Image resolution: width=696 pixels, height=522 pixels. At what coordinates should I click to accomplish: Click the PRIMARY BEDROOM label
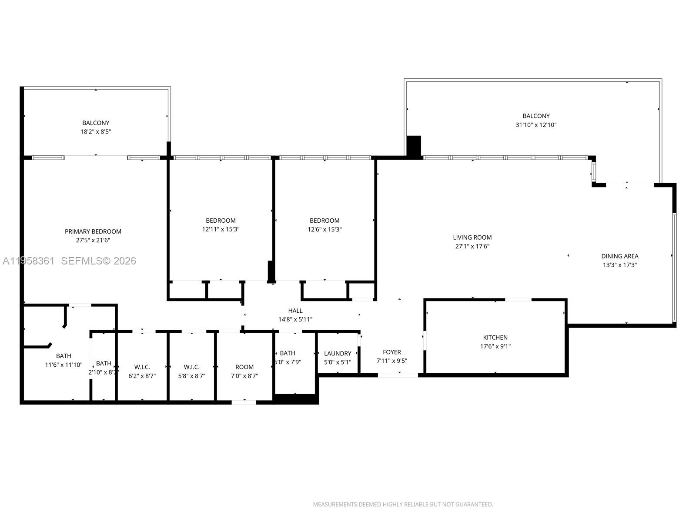93,231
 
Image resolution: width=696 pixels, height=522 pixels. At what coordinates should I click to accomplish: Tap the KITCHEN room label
495,338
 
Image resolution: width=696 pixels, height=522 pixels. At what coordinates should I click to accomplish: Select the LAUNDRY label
338,354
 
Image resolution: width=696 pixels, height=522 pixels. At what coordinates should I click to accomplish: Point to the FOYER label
391,352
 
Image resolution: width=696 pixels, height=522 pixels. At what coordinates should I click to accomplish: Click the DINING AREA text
619,256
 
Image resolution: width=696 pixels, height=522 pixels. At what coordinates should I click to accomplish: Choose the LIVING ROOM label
472,238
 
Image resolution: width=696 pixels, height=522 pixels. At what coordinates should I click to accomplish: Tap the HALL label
295,311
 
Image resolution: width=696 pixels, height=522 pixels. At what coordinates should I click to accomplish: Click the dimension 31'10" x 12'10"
536,125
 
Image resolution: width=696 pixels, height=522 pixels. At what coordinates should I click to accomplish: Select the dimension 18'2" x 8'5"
96,131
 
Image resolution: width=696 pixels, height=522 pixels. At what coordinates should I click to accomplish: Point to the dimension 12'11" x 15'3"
221,229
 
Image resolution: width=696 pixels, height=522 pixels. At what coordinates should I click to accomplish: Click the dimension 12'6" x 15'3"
325,229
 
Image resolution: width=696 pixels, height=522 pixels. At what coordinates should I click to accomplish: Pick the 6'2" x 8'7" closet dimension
142,376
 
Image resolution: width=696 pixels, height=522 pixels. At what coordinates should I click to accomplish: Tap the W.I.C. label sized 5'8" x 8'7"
191,367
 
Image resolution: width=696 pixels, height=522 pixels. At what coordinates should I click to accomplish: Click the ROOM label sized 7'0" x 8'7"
244,367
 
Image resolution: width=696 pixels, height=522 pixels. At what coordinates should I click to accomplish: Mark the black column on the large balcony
414,146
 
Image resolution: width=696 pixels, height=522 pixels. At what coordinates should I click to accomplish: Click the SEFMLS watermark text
98,261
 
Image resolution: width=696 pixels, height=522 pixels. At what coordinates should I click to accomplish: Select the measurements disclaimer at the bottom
403,505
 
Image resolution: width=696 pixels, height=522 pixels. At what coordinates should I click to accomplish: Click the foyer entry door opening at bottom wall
398,375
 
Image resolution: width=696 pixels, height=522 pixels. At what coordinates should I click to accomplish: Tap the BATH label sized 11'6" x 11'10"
64,356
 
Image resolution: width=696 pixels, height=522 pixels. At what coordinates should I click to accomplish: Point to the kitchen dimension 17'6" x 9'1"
495,347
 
